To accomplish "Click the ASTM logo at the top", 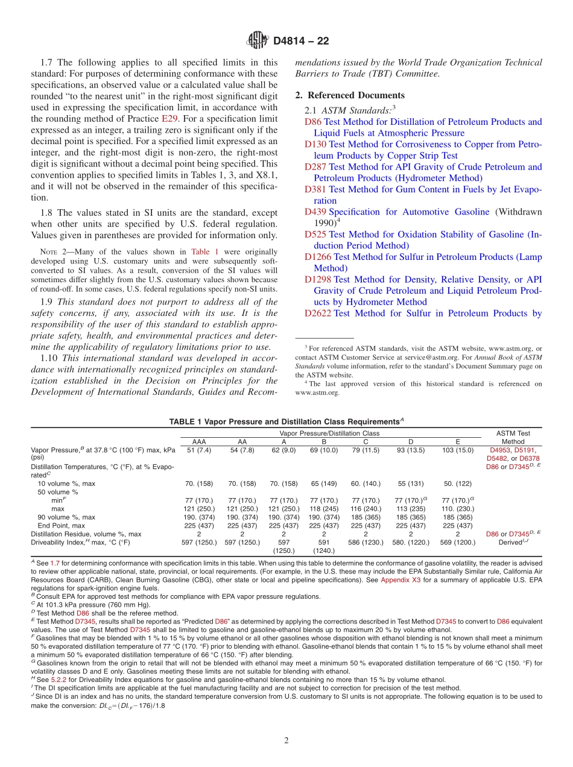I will click(258, 41).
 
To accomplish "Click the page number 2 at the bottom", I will click(286, 740).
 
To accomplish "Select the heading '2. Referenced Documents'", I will click(350, 95).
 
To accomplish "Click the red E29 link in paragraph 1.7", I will click(169, 119).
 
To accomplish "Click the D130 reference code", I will click(315, 144).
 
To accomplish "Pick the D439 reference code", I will click(315, 212).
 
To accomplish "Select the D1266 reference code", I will click(318, 257).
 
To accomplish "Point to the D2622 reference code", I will click(318, 313).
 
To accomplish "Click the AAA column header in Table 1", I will click(198, 442).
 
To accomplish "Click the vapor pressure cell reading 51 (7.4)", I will click(198, 450).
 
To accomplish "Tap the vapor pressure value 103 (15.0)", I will click(458, 450).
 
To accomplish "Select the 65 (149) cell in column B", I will click(323, 484).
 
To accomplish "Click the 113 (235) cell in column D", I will click(411, 508).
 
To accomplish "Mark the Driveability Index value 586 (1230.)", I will click(366, 542).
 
